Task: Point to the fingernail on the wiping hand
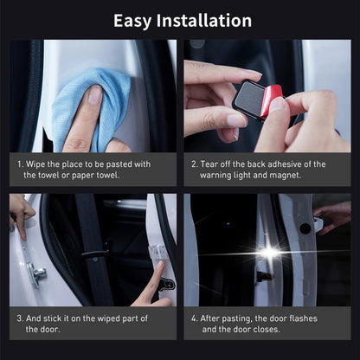click(94, 93)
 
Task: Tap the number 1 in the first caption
click(19, 164)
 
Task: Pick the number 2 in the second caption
click(194, 164)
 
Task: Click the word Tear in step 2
click(213, 164)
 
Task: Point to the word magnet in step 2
click(283, 175)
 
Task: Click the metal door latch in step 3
click(36, 275)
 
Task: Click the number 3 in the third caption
click(19, 318)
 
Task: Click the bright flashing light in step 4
click(270, 252)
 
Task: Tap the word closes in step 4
click(263, 329)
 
